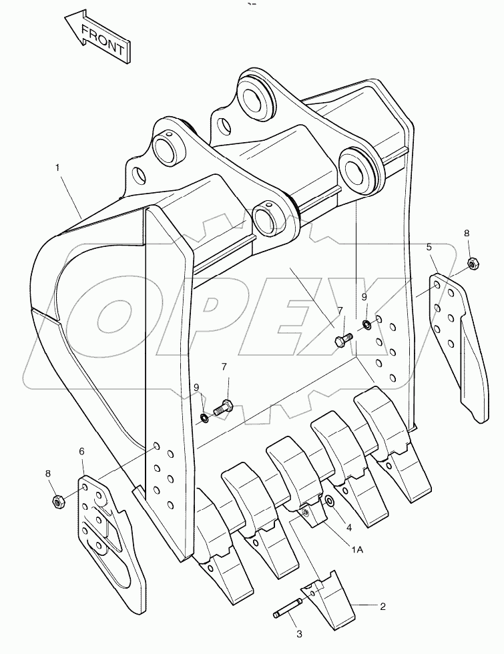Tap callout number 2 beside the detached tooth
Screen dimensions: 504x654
point(382,607)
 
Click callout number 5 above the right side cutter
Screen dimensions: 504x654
point(429,248)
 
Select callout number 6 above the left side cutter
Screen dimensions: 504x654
point(81,452)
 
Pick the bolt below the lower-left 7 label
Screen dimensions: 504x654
point(223,406)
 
